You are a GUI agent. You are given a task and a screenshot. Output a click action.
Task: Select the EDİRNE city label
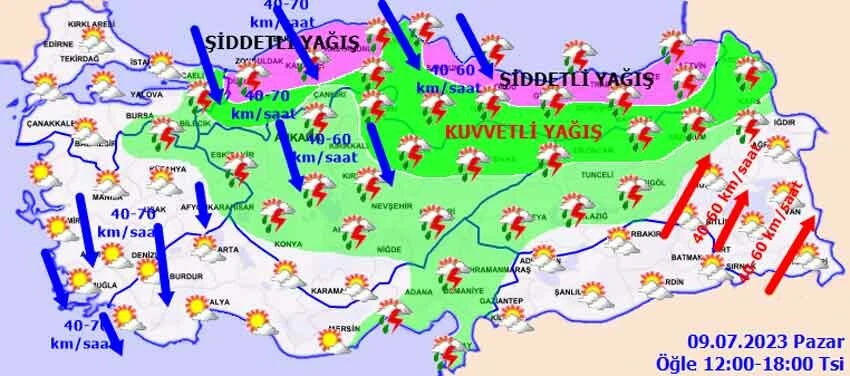click(x=59, y=44)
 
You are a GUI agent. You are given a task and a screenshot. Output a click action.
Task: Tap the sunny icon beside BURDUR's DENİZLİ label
click(x=147, y=270)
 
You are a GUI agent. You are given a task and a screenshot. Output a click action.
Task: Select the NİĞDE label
click(x=378, y=244)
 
